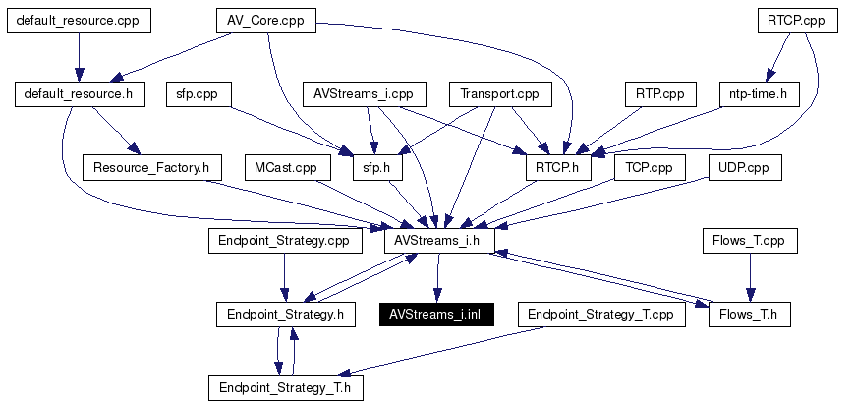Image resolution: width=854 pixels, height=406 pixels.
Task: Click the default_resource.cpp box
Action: [79, 21]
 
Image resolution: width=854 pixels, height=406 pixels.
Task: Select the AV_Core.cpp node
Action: [265, 21]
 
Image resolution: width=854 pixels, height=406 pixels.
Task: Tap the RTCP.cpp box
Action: [797, 21]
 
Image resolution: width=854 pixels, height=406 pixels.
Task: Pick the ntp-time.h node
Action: [760, 94]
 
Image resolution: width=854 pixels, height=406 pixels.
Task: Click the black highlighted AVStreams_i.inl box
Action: [436, 315]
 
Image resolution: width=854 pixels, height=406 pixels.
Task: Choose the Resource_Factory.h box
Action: [152, 168]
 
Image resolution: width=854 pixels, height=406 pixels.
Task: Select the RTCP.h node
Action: [559, 168]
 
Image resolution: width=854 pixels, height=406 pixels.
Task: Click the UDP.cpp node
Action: [745, 168]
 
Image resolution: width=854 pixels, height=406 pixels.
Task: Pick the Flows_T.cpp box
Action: [750, 241]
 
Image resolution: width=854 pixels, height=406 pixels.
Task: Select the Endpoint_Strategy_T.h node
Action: [285, 388]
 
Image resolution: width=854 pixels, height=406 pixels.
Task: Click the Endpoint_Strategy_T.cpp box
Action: [600, 315]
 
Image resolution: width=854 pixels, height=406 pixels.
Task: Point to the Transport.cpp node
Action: [500, 94]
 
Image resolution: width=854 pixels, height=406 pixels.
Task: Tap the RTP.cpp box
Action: [660, 94]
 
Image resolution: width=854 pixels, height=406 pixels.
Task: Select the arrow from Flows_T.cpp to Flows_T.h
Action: [750, 277]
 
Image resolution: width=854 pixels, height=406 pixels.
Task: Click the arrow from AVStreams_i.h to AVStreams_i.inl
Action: [436, 277]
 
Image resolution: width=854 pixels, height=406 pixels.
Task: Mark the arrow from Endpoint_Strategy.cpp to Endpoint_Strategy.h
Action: [283, 277]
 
